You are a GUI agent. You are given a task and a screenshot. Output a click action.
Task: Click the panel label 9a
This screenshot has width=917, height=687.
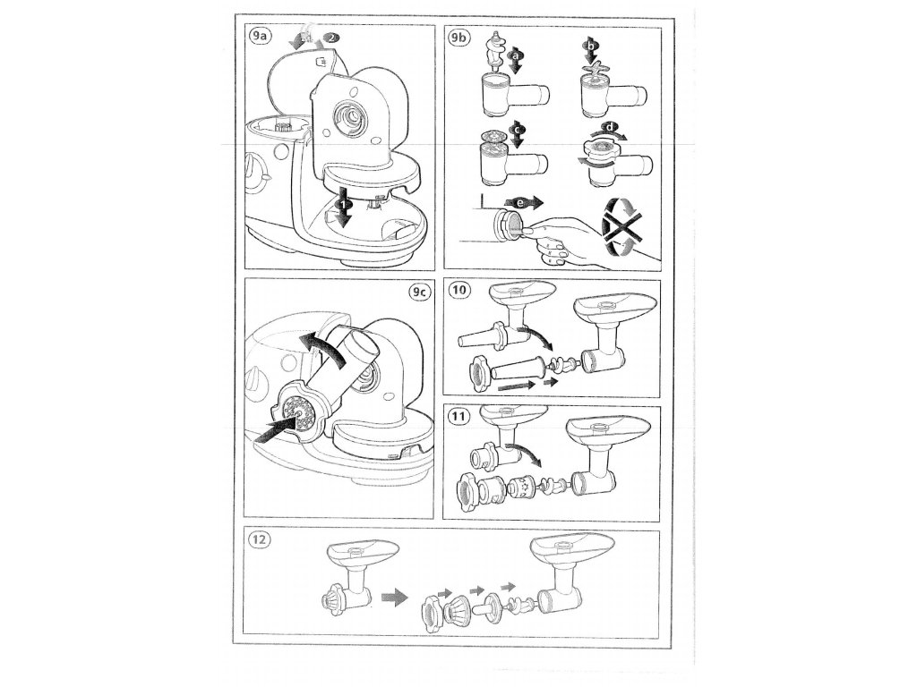pyautogui.click(x=261, y=37)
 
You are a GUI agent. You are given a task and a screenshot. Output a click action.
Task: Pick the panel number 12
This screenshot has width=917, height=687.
pyautogui.click(x=261, y=541)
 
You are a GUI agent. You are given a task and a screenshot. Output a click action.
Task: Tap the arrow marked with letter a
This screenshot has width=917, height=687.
pyautogui.click(x=514, y=60)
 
